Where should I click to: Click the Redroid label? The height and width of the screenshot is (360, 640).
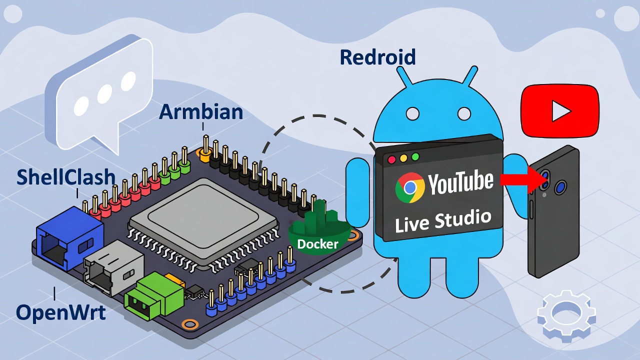tap(377, 57)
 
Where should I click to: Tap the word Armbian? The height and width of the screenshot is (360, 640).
tap(201, 112)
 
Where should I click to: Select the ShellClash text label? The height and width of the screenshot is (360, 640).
tap(66, 177)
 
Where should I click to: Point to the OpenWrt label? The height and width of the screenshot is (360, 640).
tap(61, 312)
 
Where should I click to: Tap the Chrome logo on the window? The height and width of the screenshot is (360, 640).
tap(410, 187)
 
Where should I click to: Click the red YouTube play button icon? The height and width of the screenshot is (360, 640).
tap(559, 112)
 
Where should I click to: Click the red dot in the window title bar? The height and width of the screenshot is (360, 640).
tap(391, 159)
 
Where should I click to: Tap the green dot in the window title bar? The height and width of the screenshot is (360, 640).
tap(415, 157)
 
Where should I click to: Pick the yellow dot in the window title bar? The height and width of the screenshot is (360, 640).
tap(403, 158)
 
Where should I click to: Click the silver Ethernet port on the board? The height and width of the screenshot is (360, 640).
tap(112, 267)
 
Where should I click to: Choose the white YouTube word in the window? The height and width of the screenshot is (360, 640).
tap(460, 182)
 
